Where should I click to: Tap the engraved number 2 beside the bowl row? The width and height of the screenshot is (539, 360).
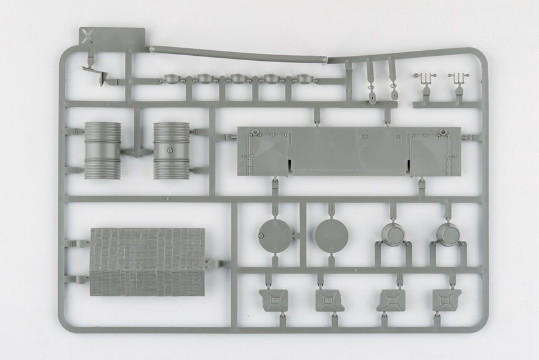(x=155, y=82)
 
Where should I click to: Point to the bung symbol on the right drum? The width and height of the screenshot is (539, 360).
(x=170, y=150)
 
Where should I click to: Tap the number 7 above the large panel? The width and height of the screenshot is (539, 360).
(x=317, y=114)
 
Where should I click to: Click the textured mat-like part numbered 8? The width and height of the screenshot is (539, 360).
(x=147, y=262)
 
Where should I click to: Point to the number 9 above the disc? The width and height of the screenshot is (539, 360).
(x=275, y=209)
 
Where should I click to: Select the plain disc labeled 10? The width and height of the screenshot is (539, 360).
(x=332, y=236)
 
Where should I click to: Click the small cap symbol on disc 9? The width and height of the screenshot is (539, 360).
(x=261, y=236)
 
